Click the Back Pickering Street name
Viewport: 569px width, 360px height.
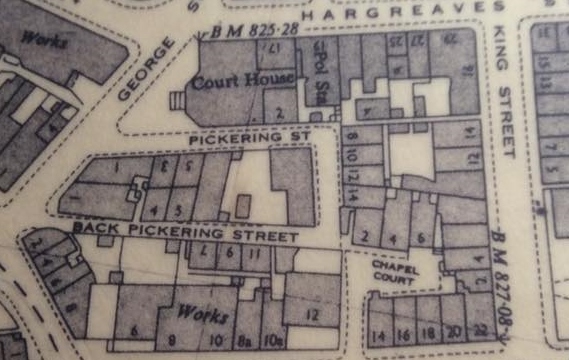click(185, 233)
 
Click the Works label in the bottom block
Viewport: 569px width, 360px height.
click(196, 312)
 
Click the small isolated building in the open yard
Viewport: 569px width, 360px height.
click(243, 207)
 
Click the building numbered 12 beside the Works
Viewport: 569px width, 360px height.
click(312, 316)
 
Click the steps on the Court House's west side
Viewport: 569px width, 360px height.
click(179, 101)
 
